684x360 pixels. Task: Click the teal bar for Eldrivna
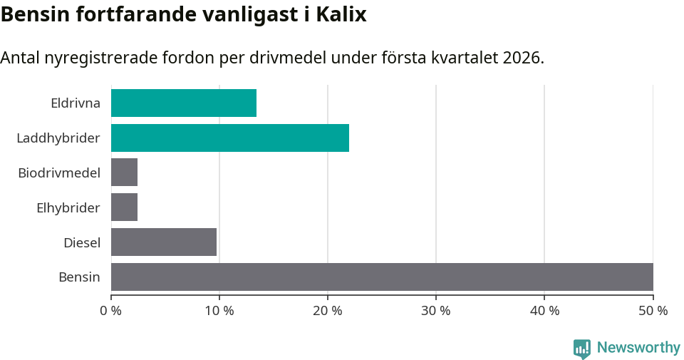[x=184, y=103]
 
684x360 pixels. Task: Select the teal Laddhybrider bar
[x=230, y=138]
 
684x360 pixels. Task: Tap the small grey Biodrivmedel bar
[x=124, y=173]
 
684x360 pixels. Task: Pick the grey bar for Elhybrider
[x=124, y=207]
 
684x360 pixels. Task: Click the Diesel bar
[x=164, y=242]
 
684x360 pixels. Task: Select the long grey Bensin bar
[x=382, y=277]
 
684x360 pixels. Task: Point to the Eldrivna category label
[x=76, y=103]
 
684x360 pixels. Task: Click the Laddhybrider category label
[x=58, y=138]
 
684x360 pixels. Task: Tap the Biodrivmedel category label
[x=59, y=173]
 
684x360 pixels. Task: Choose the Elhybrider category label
[x=68, y=207]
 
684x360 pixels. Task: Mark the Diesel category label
[x=82, y=242]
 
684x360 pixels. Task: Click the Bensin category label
[x=79, y=277]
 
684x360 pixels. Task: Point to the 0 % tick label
[x=111, y=311]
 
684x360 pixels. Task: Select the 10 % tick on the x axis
[x=219, y=311]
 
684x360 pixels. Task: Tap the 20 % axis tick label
[x=328, y=311]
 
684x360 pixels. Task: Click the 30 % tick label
[x=436, y=311]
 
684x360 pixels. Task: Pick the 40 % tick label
[x=544, y=311]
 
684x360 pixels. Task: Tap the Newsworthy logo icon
[x=582, y=348]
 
